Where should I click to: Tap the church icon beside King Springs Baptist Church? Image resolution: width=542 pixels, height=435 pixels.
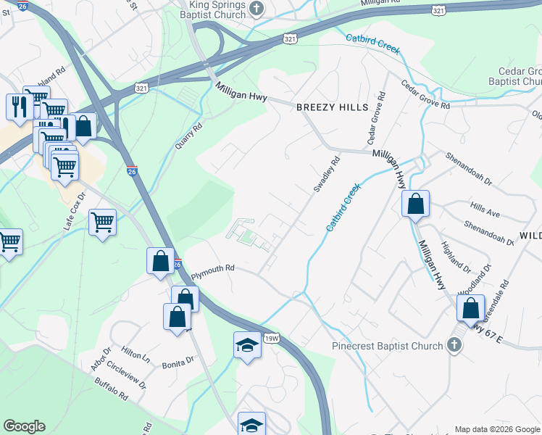point(256,8)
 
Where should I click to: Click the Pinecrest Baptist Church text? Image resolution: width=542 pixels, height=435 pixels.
point(388,346)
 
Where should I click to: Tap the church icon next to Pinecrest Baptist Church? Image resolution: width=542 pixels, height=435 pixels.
point(454,345)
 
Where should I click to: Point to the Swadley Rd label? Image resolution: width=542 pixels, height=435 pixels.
point(326,176)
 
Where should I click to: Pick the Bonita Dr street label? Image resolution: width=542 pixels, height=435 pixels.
point(178,360)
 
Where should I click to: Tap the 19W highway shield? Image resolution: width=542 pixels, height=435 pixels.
point(271,338)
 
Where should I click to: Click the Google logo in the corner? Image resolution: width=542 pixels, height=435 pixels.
point(24,426)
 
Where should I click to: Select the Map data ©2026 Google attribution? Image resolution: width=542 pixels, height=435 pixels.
point(496,429)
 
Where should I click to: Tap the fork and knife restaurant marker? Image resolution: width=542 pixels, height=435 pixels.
point(18,106)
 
